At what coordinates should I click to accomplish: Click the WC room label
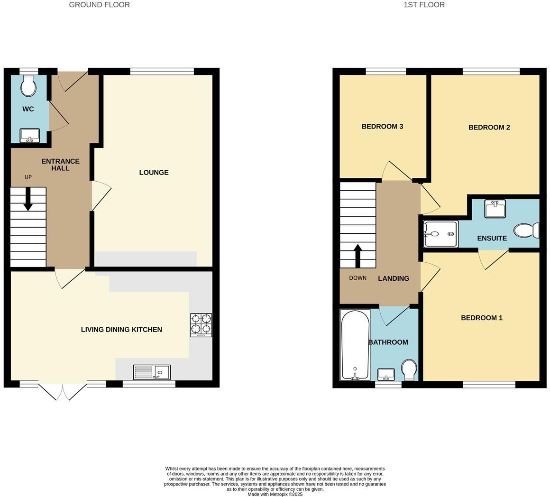click(x=28, y=109)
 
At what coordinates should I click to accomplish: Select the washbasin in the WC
click(x=30, y=136)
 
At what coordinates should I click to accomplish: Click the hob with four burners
click(x=201, y=325)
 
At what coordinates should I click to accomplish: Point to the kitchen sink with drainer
click(x=152, y=372)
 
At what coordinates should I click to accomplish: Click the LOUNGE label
click(x=154, y=173)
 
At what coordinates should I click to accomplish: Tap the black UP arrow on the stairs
click(x=28, y=199)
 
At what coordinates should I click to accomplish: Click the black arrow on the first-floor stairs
click(x=358, y=256)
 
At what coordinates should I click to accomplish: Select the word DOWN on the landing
click(x=358, y=278)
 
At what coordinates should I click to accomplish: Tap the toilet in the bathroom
click(x=409, y=370)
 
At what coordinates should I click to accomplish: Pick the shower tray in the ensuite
click(x=440, y=234)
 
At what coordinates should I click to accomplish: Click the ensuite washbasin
click(x=495, y=209)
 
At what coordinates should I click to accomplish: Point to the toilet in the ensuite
click(x=526, y=230)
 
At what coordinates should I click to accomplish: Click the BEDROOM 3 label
click(x=382, y=127)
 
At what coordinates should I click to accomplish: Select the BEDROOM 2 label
click(x=489, y=127)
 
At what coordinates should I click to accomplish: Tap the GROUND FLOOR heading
click(x=99, y=5)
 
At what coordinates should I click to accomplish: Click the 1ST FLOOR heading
click(x=424, y=5)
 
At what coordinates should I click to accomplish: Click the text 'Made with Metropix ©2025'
click(x=275, y=494)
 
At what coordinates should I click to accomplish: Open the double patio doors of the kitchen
click(x=63, y=391)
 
